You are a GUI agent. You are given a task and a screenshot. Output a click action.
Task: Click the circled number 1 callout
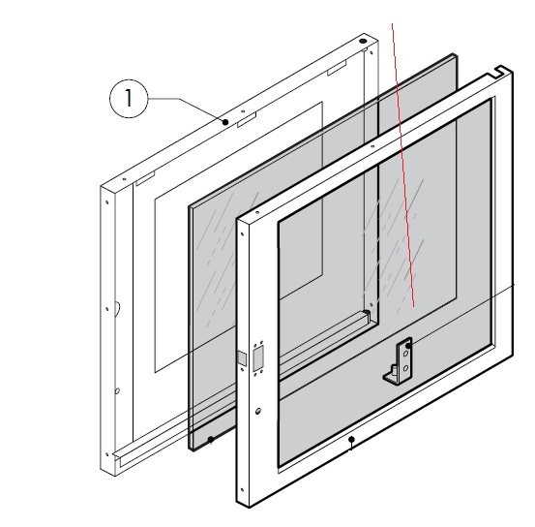(x=129, y=99)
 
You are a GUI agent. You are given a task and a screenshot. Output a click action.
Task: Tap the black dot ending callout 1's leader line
(x=225, y=122)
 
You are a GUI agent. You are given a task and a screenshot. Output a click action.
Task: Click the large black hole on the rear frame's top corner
(x=363, y=41)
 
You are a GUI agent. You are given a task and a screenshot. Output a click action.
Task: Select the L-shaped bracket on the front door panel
(x=399, y=360)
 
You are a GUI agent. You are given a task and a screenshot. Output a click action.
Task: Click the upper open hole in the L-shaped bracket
(x=406, y=354)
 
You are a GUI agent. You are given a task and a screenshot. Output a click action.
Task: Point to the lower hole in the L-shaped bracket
(x=405, y=368)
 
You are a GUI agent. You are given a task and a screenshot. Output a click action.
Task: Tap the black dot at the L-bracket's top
(x=408, y=346)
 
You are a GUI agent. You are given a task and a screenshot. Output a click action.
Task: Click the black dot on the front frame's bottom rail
(x=351, y=440)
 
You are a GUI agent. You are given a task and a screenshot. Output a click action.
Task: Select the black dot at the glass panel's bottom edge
(x=211, y=440)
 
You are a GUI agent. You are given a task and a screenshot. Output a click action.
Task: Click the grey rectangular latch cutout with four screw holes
(x=258, y=357)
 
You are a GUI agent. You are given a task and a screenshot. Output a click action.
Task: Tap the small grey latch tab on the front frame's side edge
(x=242, y=358)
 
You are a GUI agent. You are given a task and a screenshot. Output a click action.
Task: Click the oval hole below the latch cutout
(x=258, y=411)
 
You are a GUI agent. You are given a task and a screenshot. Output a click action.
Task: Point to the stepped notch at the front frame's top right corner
(x=501, y=72)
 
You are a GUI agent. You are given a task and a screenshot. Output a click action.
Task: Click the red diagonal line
(x=403, y=165)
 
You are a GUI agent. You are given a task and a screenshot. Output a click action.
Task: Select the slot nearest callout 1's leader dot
(x=247, y=119)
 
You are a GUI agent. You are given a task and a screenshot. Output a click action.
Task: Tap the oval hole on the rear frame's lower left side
(x=117, y=390)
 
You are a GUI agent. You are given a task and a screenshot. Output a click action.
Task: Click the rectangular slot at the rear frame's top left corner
(x=145, y=179)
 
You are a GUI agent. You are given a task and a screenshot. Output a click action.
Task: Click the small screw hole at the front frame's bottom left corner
(x=242, y=490)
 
